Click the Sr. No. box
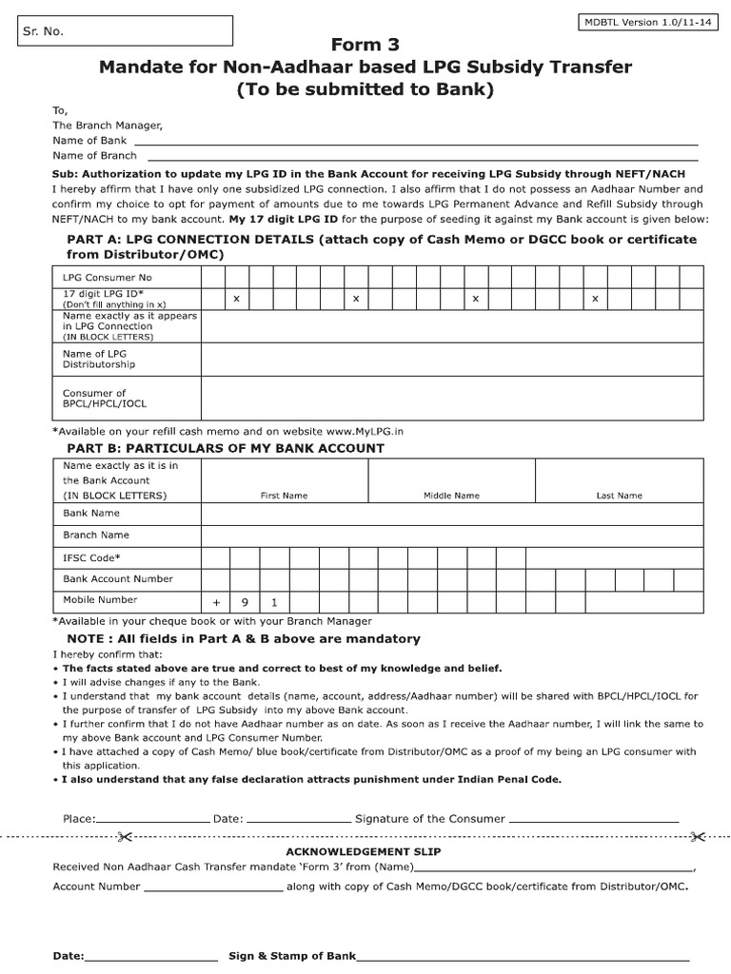pyautogui.click(x=126, y=31)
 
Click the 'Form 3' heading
pyautogui.click(x=365, y=45)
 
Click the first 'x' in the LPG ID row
pyautogui.click(x=236, y=299)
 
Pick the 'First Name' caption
pyautogui.click(x=284, y=496)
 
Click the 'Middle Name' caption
pyautogui.click(x=451, y=496)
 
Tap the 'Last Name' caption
pyautogui.click(x=619, y=496)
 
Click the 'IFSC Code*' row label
pyautogui.click(x=91, y=557)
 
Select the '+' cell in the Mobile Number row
pyautogui.click(x=216, y=602)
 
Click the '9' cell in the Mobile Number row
pyautogui.click(x=245, y=602)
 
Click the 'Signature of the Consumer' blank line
pyautogui.click(x=593, y=819)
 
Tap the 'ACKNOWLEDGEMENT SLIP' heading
pyautogui.click(x=364, y=851)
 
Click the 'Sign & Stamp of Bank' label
pyautogui.click(x=292, y=956)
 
